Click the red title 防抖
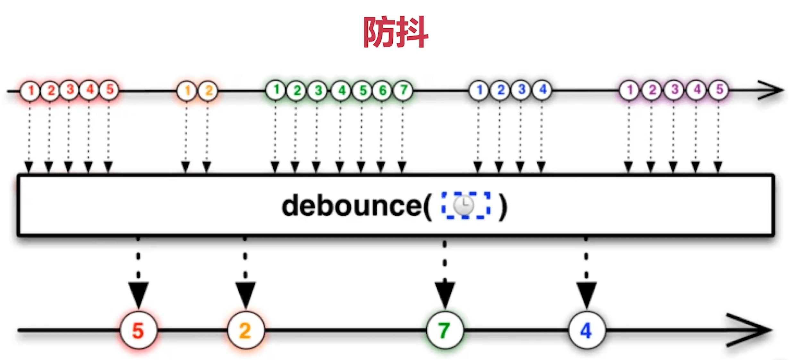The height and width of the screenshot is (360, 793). [x=396, y=32]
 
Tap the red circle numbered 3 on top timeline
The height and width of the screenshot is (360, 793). [x=69, y=90]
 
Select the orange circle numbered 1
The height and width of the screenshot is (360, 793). [x=187, y=91]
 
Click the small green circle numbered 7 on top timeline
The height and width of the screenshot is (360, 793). [x=403, y=90]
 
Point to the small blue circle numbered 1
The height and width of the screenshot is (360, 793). [x=479, y=90]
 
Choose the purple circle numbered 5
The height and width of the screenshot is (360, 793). [x=718, y=90]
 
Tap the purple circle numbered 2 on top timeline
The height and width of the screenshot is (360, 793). [x=651, y=90]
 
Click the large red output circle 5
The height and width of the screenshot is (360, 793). [x=139, y=330]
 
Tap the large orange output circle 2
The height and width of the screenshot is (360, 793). [x=246, y=330]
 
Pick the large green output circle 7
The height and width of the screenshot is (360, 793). [x=445, y=330]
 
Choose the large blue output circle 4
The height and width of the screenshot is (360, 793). [x=587, y=330]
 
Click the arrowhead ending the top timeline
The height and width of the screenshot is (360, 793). [x=773, y=90]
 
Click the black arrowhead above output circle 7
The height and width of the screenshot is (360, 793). [x=445, y=294]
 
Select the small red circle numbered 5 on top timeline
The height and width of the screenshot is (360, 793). [x=109, y=90]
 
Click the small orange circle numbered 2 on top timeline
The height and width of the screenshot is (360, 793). [x=208, y=91]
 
